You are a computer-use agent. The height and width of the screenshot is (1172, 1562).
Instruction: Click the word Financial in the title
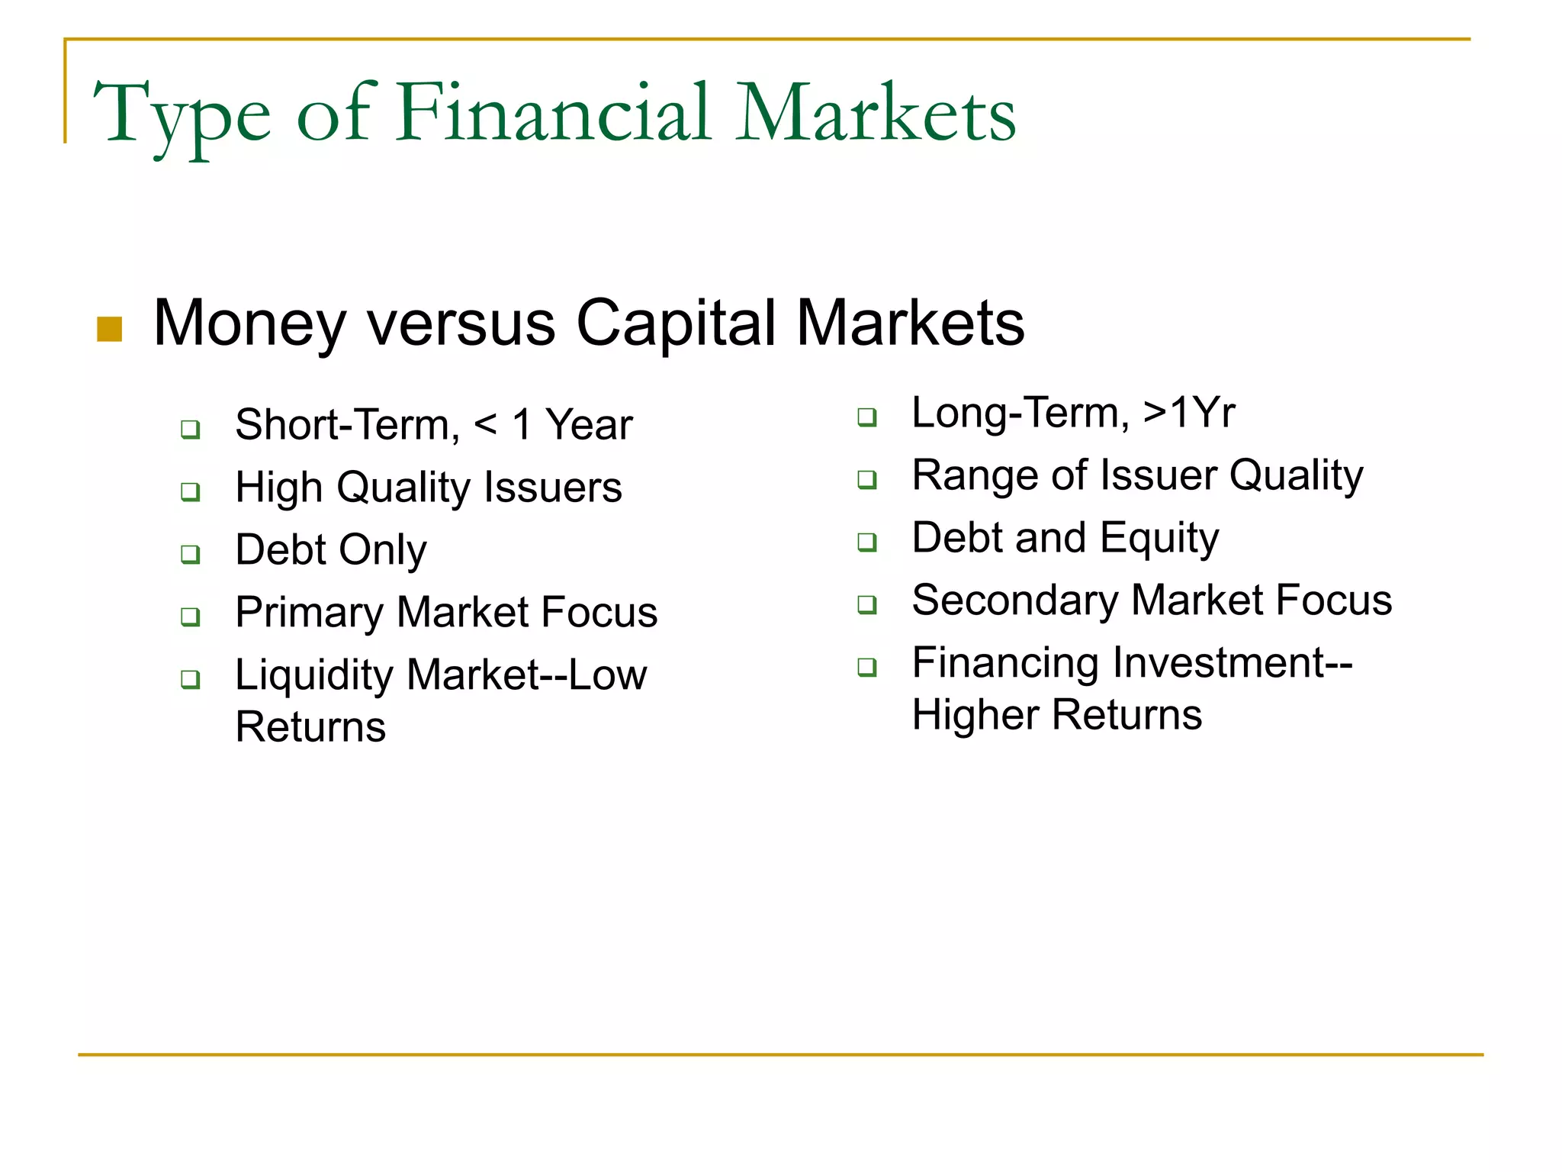pyautogui.click(x=554, y=114)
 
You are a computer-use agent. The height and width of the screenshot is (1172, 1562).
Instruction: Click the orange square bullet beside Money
pyautogui.click(x=110, y=330)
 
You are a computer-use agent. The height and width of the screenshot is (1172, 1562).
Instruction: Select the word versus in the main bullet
pyautogui.click(x=461, y=324)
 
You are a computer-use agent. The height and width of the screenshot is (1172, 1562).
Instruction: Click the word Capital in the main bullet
pyautogui.click(x=675, y=324)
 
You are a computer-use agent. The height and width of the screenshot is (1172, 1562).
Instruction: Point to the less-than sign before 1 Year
pyautogui.click(x=486, y=424)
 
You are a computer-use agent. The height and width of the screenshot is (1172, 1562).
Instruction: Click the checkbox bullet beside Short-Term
pyautogui.click(x=191, y=429)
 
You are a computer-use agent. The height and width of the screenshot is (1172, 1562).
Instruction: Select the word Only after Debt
pyautogui.click(x=382, y=551)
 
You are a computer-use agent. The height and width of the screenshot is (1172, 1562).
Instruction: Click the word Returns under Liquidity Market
pyautogui.click(x=310, y=726)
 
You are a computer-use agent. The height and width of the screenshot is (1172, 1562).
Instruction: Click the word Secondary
pyautogui.click(x=1014, y=600)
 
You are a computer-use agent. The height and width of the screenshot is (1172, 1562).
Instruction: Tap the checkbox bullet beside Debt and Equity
pyautogui.click(x=867, y=542)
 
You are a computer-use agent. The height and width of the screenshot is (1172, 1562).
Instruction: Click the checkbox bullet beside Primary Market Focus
pyautogui.click(x=191, y=616)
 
